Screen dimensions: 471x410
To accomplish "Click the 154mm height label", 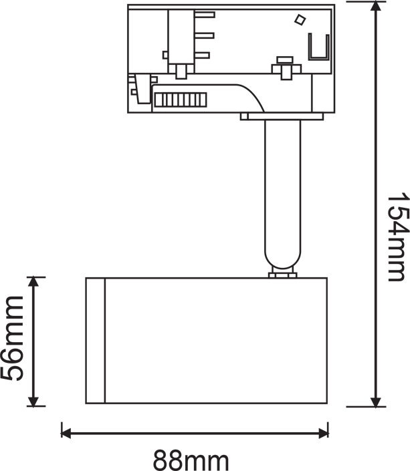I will (397, 237).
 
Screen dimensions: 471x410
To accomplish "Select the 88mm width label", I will (191, 460).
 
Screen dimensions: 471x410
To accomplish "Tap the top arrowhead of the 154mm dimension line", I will (378, 8).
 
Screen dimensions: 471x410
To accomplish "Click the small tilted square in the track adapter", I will (300, 19).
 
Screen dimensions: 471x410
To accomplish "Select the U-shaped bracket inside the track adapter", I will (320, 47).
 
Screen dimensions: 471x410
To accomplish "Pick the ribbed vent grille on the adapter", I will (179, 100).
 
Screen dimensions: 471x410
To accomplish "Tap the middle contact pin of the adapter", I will (205, 35).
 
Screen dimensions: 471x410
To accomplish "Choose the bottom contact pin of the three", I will (202, 55).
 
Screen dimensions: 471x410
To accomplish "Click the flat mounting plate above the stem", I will (282, 117).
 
